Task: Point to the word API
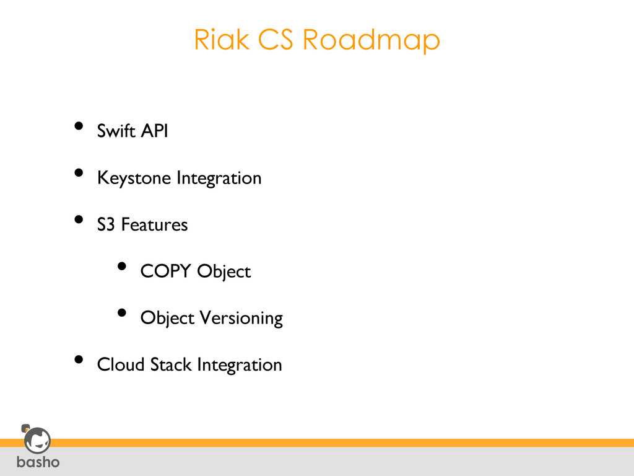(154, 131)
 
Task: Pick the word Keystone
(134, 178)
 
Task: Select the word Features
(154, 225)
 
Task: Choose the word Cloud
(121, 364)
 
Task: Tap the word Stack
(171, 364)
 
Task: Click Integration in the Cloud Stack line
(239, 364)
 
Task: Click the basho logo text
(38, 462)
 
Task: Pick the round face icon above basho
(37, 441)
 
